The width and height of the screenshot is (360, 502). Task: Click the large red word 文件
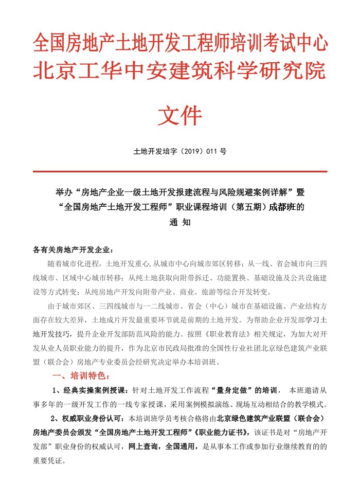[179, 116]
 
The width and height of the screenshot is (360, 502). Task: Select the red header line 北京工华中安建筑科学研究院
[180, 70]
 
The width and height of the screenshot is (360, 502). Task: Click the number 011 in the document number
[212, 152]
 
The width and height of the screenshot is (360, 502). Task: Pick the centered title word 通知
[180, 223]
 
